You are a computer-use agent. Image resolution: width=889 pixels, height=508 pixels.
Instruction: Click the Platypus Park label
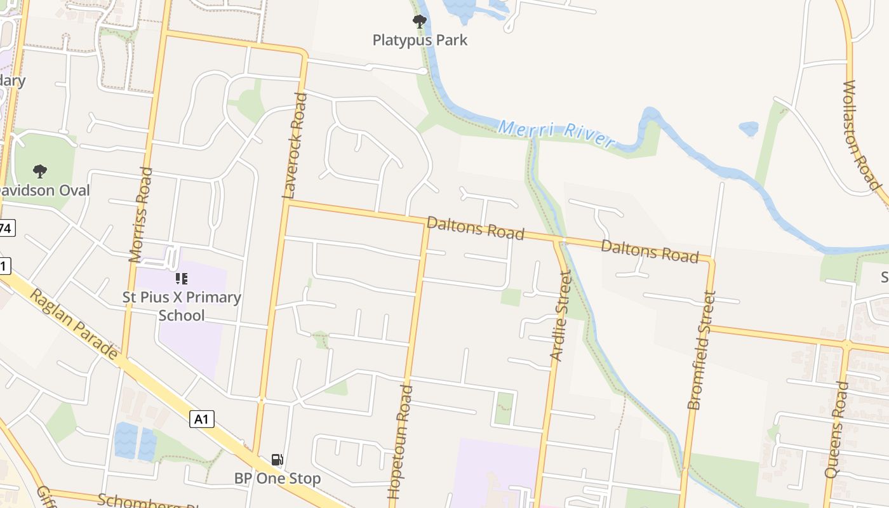420,40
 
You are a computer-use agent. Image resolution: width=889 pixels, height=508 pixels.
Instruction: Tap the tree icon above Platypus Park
419,22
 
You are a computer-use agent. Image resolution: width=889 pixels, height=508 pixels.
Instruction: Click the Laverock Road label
295,145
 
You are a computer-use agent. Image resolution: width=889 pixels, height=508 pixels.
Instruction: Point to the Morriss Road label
141,215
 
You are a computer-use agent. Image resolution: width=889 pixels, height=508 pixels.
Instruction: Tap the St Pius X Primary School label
182,306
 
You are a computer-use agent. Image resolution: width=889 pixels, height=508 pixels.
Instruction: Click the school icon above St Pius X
182,279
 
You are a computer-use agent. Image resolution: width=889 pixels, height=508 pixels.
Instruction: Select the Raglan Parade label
75,323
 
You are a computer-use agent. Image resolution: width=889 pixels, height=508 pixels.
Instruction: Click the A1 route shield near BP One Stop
201,419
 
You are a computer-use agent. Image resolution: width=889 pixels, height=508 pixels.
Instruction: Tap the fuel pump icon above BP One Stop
277,460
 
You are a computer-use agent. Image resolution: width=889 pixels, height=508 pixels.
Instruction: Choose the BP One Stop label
277,478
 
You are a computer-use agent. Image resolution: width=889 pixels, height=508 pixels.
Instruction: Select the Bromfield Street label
702,350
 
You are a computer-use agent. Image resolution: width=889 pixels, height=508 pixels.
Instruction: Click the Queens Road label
836,429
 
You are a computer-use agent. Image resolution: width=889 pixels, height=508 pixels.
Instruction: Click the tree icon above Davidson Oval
40,171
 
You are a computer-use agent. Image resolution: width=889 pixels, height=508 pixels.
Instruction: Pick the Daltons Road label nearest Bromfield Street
650,251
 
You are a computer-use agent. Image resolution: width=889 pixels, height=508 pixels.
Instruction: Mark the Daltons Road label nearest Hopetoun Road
475,228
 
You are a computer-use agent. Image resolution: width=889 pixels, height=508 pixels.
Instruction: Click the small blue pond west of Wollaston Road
749,128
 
